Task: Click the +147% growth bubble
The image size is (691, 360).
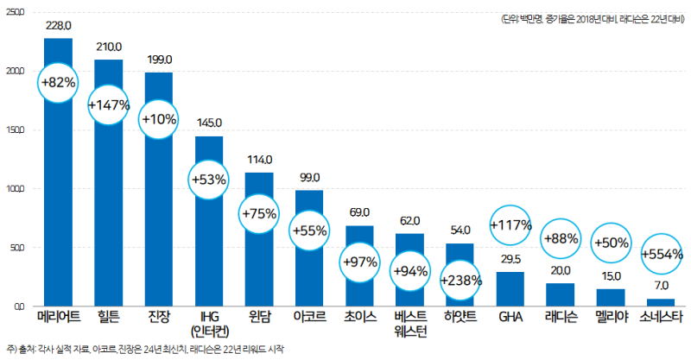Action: [x=109, y=105]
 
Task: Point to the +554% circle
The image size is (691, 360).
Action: [x=663, y=255]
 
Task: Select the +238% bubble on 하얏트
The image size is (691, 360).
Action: [x=460, y=280]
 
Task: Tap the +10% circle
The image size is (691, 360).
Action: [x=159, y=118]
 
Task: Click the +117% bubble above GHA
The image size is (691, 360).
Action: [x=510, y=226]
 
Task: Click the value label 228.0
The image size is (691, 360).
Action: [x=59, y=27]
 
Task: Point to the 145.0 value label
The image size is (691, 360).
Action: [x=209, y=124]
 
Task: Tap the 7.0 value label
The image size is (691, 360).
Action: [x=662, y=286]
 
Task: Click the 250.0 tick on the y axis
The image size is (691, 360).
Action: [x=16, y=13]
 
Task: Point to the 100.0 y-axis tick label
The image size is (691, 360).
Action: [x=16, y=189]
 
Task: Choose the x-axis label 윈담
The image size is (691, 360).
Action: [x=259, y=317]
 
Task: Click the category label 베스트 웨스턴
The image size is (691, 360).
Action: [x=410, y=323]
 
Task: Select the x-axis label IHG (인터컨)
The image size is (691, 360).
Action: [x=209, y=323]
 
